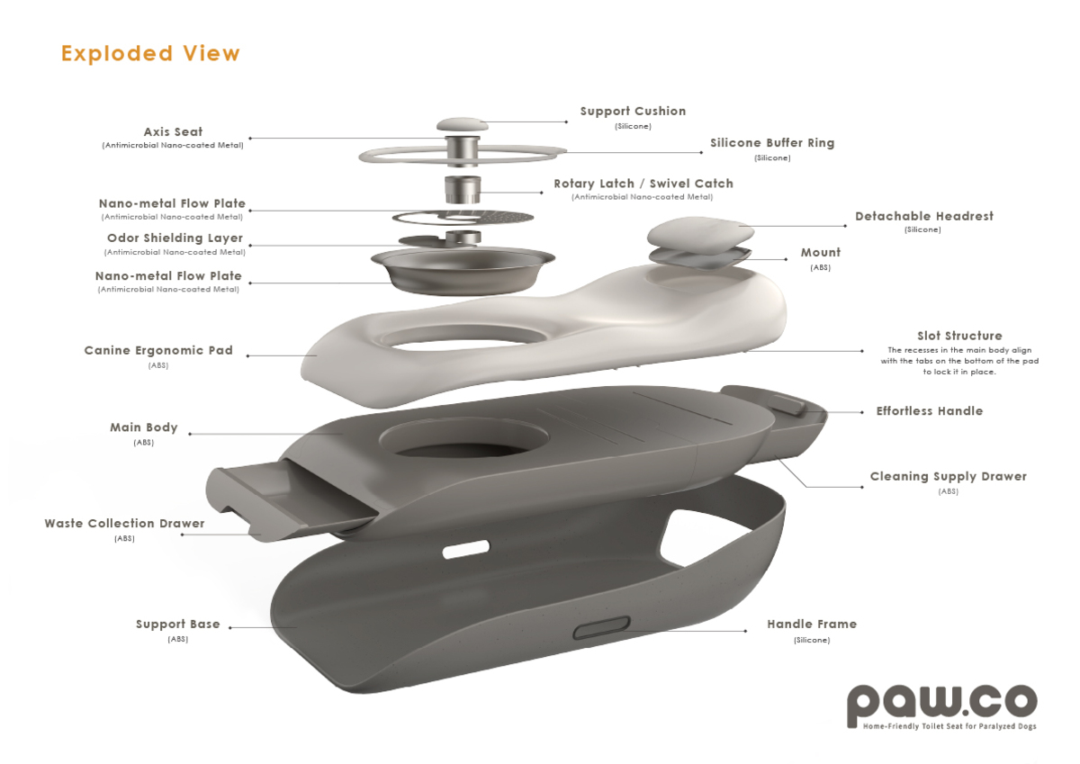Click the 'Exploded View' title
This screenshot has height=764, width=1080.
(x=150, y=53)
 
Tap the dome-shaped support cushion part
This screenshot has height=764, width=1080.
(x=463, y=124)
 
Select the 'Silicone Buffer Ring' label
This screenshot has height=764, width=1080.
(x=772, y=143)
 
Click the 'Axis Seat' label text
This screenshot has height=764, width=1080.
(x=173, y=131)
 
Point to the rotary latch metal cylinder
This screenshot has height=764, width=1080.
(x=463, y=190)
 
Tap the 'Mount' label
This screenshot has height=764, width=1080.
(x=820, y=252)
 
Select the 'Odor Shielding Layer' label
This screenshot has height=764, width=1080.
(x=175, y=238)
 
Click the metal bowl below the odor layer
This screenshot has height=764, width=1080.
(x=463, y=269)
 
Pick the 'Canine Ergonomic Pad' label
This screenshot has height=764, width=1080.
(x=158, y=350)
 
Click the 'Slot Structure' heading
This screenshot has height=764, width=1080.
(x=959, y=336)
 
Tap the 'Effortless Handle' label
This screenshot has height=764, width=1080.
(x=929, y=410)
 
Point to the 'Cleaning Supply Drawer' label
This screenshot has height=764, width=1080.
(x=948, y=476)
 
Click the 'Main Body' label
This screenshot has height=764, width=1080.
(x=144, y=427)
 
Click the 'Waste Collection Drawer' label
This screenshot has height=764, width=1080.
(x=124, y=523)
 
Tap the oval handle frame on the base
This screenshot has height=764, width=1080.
(x=601, y=627)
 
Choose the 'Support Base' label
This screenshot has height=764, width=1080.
(x=177, y=624)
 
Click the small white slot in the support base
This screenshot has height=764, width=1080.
(x=466, y=549)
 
